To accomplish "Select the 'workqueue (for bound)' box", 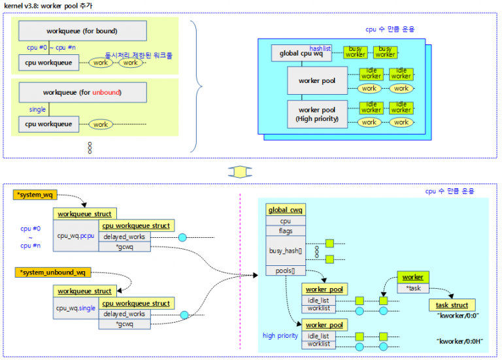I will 82,31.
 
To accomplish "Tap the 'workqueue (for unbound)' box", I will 82,92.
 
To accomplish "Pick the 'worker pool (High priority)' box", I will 318,114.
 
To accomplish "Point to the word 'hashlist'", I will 320,48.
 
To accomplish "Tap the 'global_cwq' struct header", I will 286,210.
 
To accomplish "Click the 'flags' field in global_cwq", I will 286,231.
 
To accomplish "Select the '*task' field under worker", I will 413,288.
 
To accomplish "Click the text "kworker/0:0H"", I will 460,341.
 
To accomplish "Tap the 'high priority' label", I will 280,336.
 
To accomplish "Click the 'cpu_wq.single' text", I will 76,308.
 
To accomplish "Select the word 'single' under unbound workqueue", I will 37,110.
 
